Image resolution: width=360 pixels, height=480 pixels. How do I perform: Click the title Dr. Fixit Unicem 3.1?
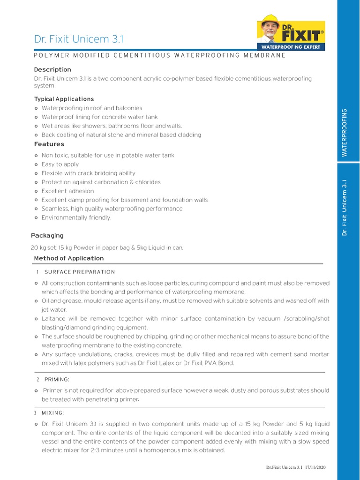[78, 39]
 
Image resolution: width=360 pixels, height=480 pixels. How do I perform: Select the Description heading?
[52, 69]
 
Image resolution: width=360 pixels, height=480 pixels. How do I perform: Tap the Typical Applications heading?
[64, 99]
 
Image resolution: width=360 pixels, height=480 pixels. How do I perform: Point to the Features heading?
[49, 144]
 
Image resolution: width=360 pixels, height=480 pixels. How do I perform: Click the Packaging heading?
[47, 235]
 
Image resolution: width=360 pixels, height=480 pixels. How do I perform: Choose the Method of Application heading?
[69, 258]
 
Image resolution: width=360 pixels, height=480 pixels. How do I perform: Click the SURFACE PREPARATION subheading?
[79, 272]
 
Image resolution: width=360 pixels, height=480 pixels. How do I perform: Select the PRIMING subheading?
[57, 379]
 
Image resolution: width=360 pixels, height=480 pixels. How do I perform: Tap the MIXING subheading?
[52, 412]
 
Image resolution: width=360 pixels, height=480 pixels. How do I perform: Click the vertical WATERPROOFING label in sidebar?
[345, 132]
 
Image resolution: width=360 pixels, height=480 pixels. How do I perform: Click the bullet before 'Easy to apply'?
[37, 165]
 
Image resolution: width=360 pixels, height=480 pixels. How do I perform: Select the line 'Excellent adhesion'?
[67, 191]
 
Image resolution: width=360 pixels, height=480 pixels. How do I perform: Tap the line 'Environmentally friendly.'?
[76, 217]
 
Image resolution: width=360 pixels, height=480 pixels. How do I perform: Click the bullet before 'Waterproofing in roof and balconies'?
[37, 108]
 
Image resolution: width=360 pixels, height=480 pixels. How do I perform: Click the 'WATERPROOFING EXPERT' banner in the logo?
[291, 47]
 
